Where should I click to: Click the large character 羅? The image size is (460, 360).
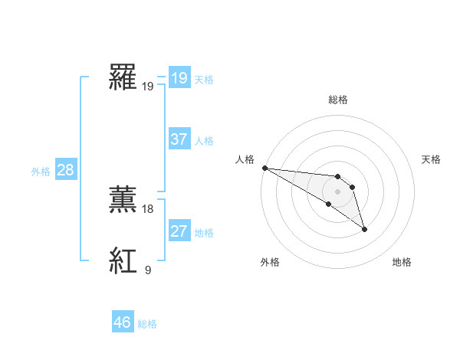[x=123, y=77]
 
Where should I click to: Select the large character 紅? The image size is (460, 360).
[x=123, y=261]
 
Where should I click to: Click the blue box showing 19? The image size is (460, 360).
[x=179, y=77]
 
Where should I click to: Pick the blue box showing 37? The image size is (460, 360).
[x=179, y=139]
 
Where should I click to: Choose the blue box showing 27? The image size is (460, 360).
[x=179, y=231]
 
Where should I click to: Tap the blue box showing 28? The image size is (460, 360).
[x=65, y=170]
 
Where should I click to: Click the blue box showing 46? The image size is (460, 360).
[x=123, y=322]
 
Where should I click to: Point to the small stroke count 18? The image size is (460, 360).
[x=148, y=208]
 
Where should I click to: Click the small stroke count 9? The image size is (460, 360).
[x=148, y=270]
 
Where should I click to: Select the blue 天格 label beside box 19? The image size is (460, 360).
[x=204, y=79]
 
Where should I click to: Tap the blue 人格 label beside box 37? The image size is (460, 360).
[x=204, y=141]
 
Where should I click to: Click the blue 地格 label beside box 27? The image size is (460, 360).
[x=204, y=233]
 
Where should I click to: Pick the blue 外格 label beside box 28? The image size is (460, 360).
[x=41, y=172]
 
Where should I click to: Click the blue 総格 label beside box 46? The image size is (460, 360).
[x=147, y=324]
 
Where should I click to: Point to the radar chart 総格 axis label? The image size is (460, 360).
[x=338, y=100]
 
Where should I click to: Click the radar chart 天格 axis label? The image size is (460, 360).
[x=432, y=159]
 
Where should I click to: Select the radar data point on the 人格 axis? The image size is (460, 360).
[x=264, y=168]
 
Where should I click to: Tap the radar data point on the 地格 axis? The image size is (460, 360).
[x=364, y=229]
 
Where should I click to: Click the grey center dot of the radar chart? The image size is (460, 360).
[x=338, y=191]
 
